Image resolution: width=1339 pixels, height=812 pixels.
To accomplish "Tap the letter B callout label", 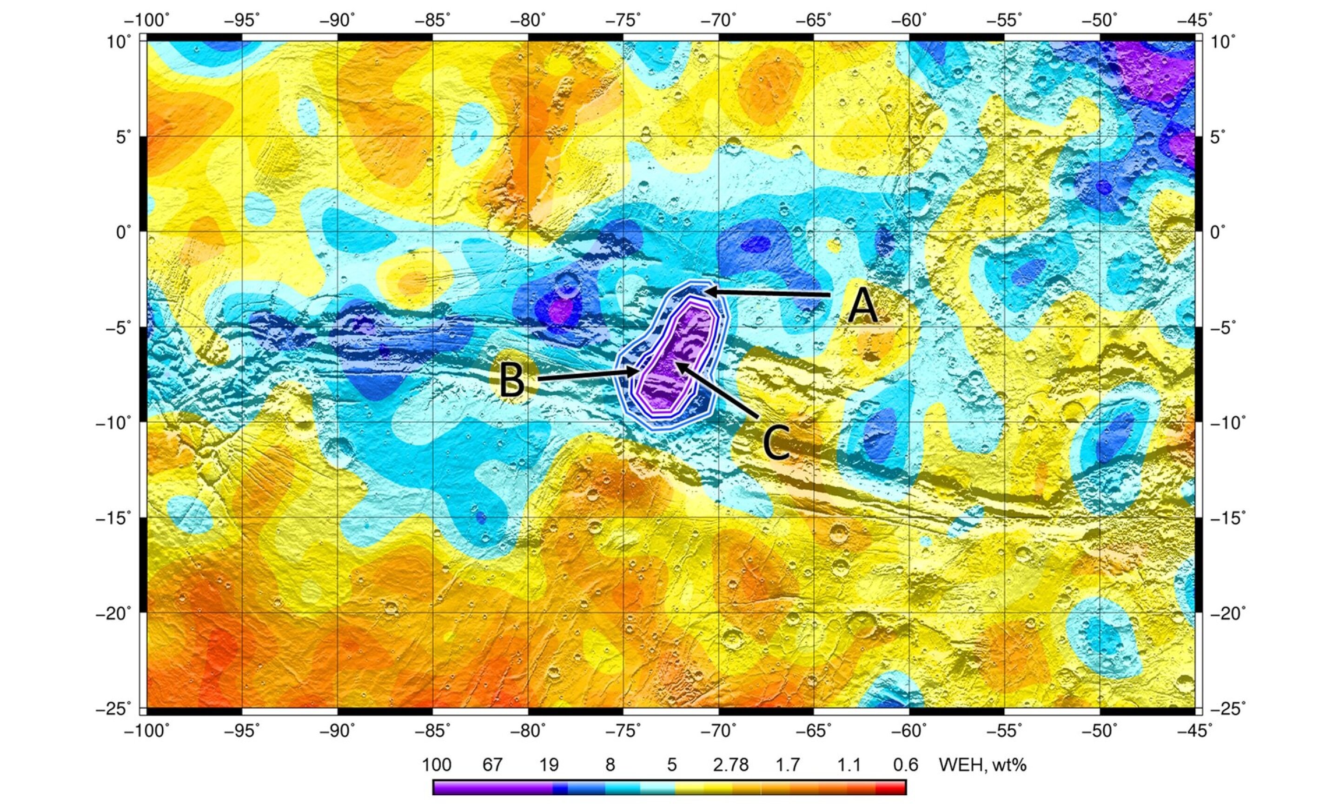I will (512, 380).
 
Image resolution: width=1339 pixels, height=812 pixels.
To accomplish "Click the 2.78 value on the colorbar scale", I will (730, 765).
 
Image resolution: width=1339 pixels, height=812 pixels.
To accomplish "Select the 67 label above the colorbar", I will (492, 765).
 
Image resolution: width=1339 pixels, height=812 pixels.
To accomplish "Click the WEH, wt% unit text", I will (982, 765).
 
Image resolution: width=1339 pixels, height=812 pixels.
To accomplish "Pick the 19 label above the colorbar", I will (549, 765).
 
